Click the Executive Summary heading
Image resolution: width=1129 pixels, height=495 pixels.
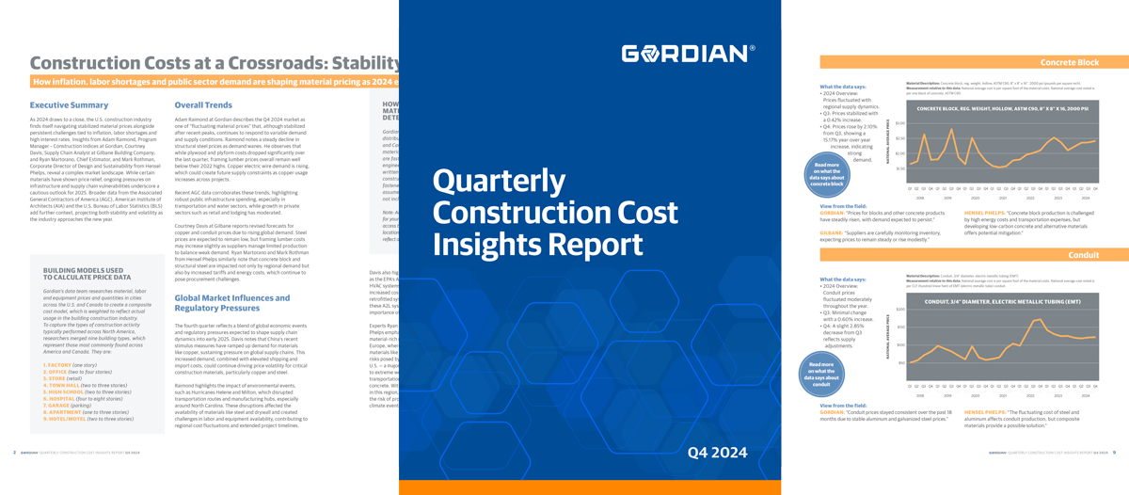pyautogui.click(x=69, y=105)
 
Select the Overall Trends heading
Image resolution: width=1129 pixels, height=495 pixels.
pyautogui.click(x=203, y=105)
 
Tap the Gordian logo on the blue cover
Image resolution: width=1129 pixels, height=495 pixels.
pyautogui.click(x=688, y=53)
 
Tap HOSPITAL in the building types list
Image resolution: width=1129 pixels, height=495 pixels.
pyautogui.click(x=57, y=399)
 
